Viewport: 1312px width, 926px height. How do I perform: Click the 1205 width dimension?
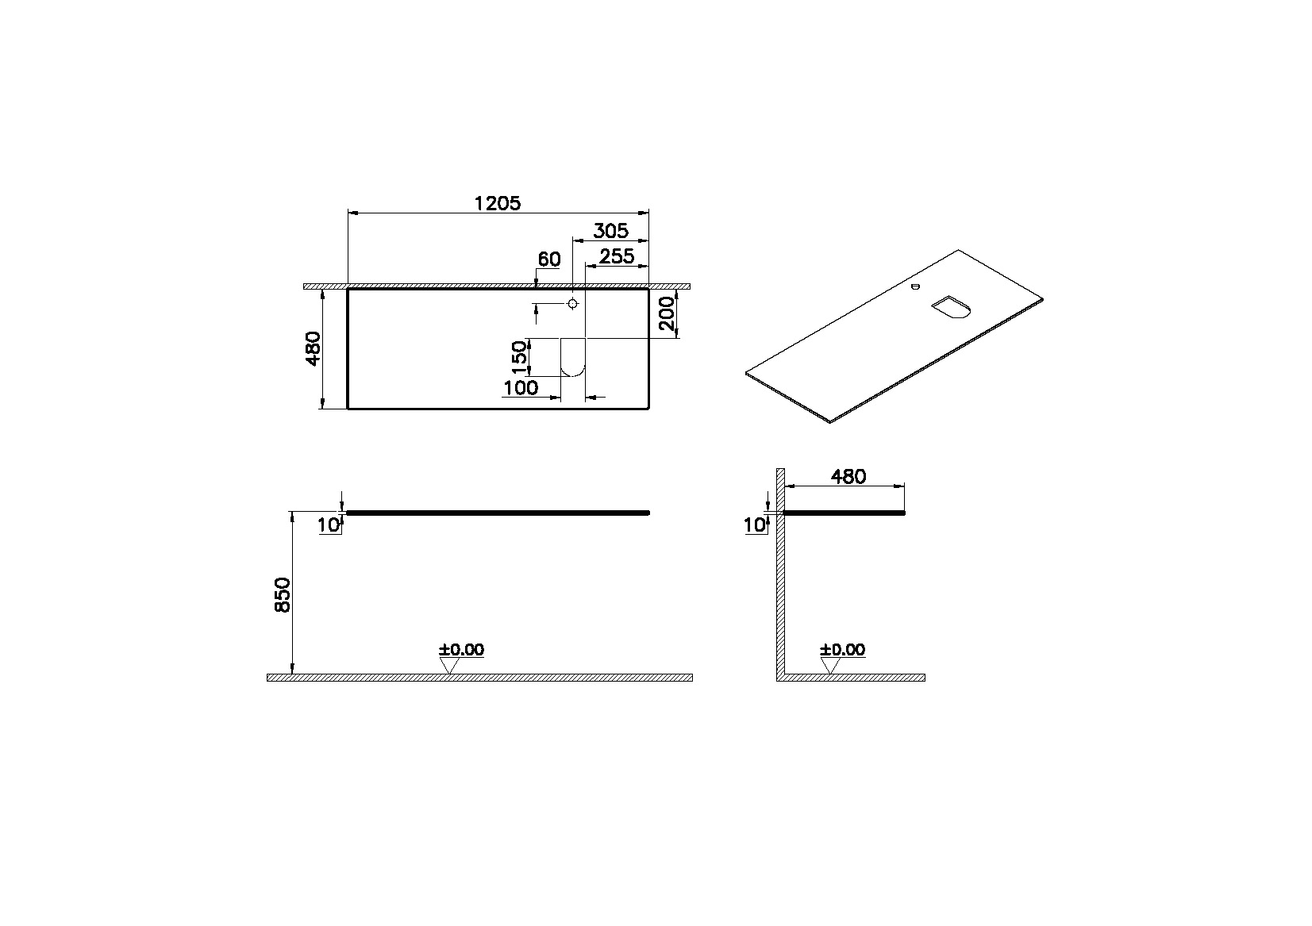498,203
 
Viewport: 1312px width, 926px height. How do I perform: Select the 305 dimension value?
611,231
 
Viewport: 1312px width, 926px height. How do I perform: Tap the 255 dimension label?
617,256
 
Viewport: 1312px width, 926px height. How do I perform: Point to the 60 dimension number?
549,259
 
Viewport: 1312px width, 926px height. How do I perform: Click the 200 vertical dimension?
668,313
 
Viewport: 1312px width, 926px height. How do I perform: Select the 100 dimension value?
521,388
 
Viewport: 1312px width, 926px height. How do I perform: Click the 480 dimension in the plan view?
314,348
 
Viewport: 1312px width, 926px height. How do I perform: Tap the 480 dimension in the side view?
848,477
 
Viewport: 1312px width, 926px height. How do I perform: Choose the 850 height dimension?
282,594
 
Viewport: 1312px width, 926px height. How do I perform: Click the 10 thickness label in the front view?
328,524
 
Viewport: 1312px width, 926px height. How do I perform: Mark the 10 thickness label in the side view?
755,524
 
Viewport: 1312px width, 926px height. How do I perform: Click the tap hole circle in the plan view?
572,304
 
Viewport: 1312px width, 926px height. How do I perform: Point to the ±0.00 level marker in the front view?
461,651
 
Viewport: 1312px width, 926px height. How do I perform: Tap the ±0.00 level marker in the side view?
842,651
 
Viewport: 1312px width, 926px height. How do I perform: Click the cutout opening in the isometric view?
950,306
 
